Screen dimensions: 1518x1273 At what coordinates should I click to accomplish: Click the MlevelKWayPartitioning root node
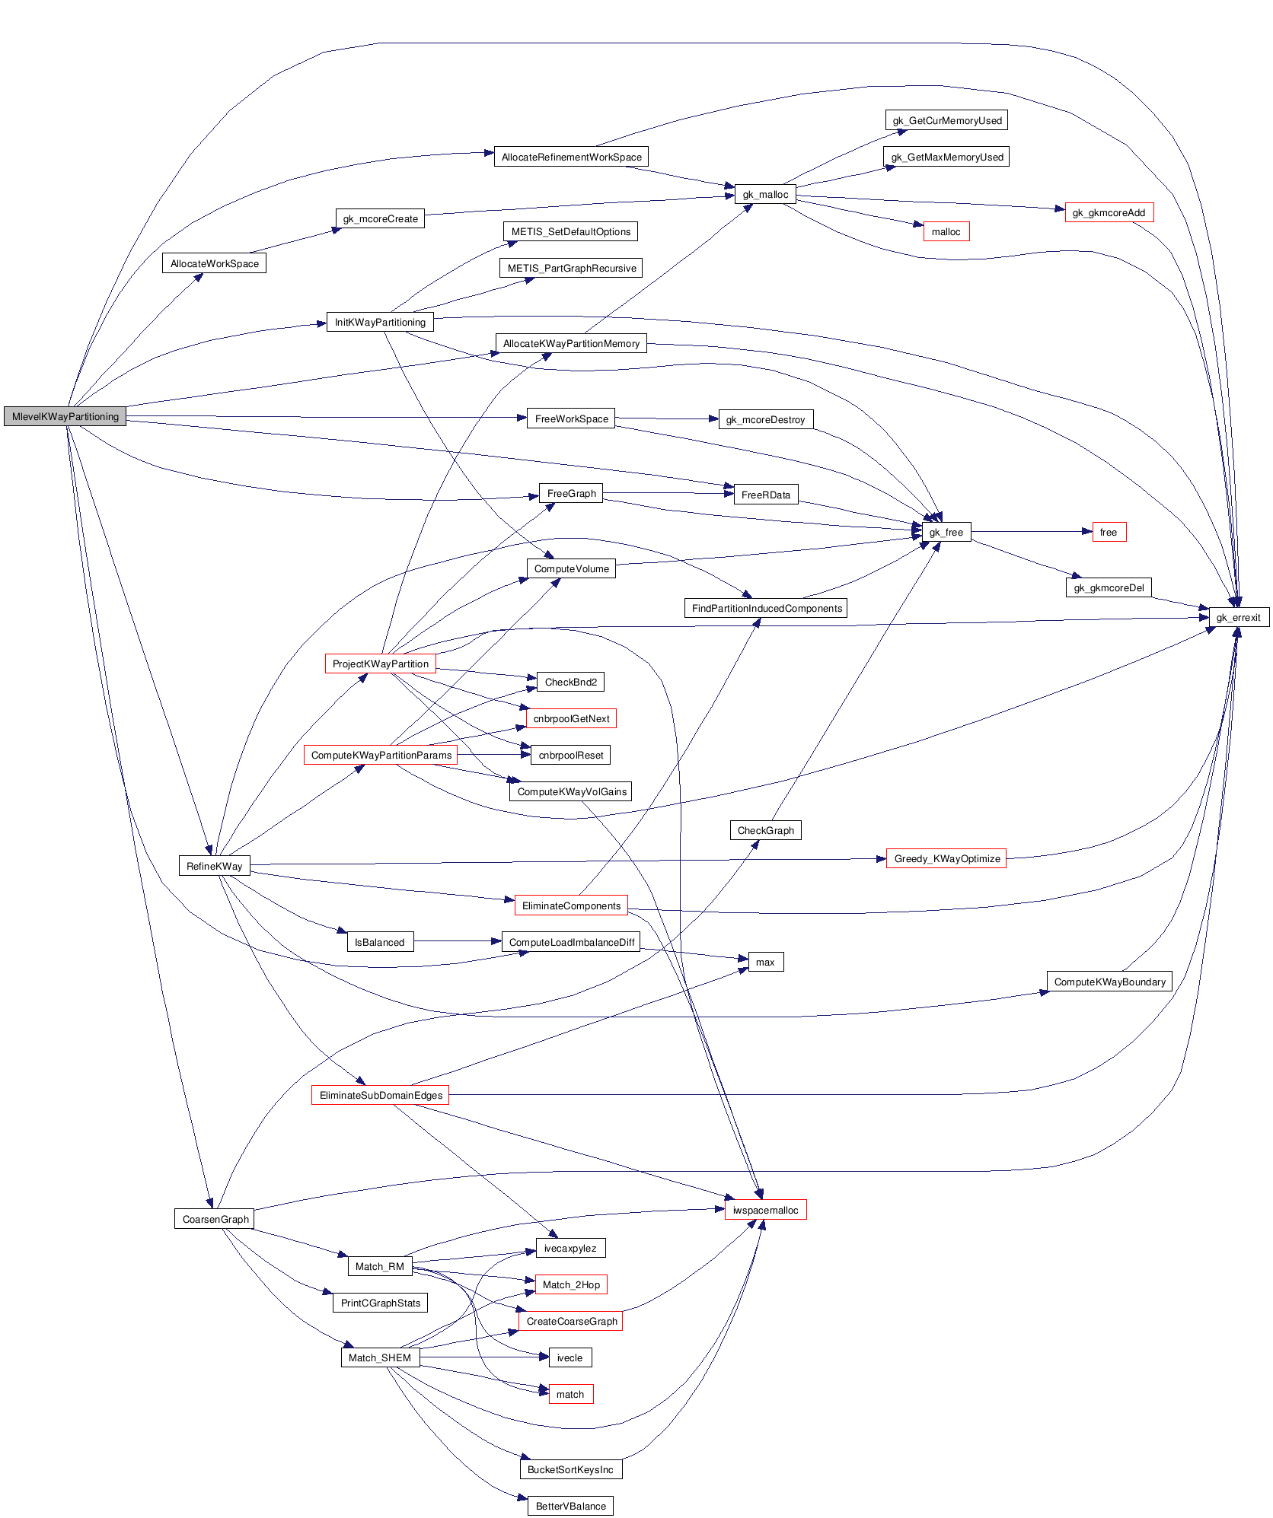click(65, 416)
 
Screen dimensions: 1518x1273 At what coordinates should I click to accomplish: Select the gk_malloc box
click(765, 194)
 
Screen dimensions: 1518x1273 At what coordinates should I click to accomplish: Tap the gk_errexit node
click(1238, 617)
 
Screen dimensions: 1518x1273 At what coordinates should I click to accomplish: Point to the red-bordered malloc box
click(946, 231)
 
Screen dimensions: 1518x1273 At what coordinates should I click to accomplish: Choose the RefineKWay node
click(214, 866)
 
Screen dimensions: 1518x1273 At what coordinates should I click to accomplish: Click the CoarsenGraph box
click(215, 1219)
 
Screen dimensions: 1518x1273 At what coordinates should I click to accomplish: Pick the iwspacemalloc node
click(765, 1210)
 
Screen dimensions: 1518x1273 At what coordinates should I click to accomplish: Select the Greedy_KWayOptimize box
click(946, 858)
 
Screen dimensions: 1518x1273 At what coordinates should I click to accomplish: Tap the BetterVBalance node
click(570, 1506)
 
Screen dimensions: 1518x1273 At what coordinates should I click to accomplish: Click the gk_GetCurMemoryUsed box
click(947, 120)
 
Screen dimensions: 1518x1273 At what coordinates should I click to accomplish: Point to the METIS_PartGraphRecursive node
click(571, 268)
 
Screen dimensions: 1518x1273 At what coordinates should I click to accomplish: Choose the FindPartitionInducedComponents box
click(766, 608)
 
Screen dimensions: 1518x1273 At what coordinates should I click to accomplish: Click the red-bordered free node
click(1108, 532)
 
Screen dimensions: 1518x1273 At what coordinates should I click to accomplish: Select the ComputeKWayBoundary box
click(1109, 982)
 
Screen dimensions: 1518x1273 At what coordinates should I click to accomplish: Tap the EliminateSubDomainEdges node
click(380, 1095)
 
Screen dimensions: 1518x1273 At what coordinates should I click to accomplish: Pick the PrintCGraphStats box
click(380, 1303)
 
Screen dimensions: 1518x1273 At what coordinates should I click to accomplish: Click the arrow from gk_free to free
click(1032, 532)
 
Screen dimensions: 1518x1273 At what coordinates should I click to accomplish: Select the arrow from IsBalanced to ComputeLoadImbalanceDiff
click(457, 941)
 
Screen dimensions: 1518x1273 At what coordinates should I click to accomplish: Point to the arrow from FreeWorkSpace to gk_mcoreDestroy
click(666, 418)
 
